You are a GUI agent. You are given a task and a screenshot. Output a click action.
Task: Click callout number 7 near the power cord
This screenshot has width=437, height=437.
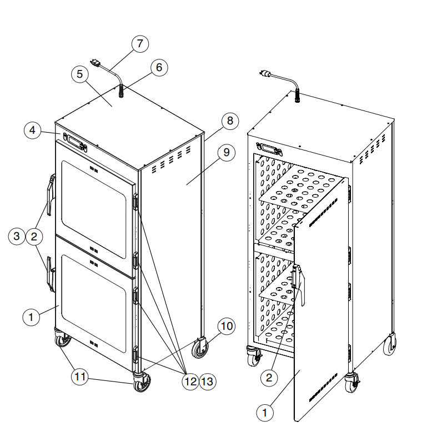point(140,44)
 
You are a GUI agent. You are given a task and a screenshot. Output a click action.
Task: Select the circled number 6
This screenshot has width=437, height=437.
point(159,67)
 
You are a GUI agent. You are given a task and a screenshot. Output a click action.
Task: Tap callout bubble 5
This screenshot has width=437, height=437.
point(80,74)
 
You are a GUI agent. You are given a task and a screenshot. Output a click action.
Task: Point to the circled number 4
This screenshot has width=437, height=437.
point(33,130)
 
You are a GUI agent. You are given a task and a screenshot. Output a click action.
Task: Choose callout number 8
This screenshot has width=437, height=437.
point(230,120)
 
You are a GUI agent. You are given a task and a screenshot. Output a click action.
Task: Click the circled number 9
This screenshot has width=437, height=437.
point(227,153)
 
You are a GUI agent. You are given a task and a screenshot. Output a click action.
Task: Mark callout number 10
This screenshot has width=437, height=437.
point(227,326)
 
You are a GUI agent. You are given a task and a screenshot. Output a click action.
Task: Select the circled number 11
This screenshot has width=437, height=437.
point(80,377)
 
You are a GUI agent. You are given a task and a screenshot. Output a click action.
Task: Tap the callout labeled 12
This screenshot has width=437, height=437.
point(190,381)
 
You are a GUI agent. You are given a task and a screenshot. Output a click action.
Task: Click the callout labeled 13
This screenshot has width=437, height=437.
point(208,381)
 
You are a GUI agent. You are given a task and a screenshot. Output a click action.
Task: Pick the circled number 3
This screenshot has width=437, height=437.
point(17,237)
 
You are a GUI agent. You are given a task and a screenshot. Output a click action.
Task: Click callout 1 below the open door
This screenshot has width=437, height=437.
point(265,413)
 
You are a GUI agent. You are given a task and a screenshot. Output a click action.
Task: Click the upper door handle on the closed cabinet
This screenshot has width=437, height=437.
point(51,194)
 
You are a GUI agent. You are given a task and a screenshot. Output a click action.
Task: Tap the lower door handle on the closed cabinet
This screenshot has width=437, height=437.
point(51,274)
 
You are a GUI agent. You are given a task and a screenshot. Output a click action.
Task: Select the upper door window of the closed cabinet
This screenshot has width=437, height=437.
point(94,209)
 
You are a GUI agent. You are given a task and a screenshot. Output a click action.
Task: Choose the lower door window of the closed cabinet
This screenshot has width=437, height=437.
point(94,304)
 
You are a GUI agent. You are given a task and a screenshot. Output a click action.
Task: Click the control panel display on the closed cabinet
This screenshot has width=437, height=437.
point(76,142)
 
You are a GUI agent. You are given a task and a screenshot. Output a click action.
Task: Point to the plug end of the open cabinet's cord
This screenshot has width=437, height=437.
point(265,74)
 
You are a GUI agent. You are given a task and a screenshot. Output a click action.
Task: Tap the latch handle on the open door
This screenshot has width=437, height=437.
point(299,284)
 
